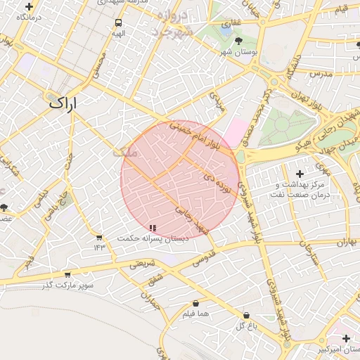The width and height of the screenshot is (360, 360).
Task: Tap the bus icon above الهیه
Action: click(x=117, y=22)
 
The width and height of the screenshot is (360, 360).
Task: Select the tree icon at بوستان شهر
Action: click(x=239, y=41)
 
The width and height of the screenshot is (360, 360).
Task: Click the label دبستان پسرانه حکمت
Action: click(x=153, y=239)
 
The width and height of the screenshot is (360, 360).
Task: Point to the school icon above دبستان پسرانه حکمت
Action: click(x=153, y=228)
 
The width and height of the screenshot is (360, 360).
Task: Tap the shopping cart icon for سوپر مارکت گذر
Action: click(x=67, y=274)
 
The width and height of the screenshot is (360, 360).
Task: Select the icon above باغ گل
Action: click(x=245, y=316)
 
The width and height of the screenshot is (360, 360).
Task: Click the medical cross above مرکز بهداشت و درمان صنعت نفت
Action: click(x=300, y=173)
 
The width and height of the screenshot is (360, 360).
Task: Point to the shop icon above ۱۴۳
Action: click(x=99, y=237)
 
